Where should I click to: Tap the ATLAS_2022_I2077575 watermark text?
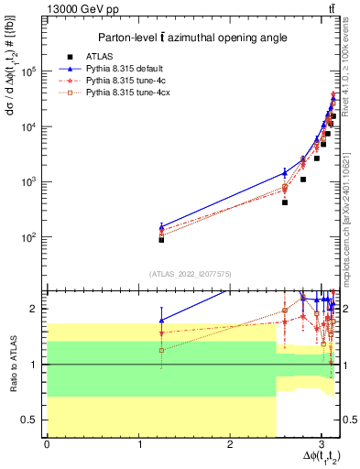[191, 273]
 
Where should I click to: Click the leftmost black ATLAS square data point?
[161, 239]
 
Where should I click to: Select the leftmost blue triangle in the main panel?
[161, 225]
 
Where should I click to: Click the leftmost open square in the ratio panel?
[161, 350]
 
